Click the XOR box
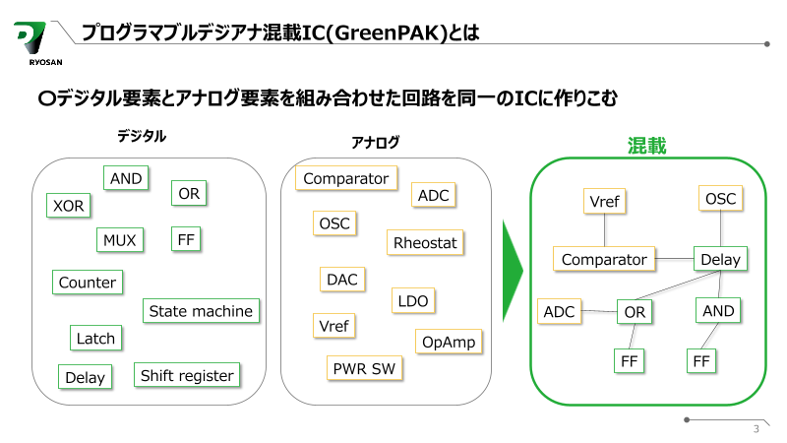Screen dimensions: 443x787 [69, 206]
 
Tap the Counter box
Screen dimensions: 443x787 [88, 283]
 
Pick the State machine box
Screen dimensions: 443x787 [201, 311]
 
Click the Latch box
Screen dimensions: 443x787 [95, 338]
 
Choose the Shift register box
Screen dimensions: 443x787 [187, 375]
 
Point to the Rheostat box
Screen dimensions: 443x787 [425, 242]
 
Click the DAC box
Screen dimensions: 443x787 [341, 280]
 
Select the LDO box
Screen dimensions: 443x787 [413, 301]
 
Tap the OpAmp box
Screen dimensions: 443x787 [448, 342]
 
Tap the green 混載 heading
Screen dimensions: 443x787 [646, 147]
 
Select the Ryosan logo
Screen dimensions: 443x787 [35, 44]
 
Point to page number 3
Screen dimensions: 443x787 [755, 428]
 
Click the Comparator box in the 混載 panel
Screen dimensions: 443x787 [604, 260]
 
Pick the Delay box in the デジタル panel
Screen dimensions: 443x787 [85, 377]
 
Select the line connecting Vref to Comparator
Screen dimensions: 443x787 [604, 230]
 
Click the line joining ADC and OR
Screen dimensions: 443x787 [599, 312]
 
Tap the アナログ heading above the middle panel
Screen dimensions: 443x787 [376, 143]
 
